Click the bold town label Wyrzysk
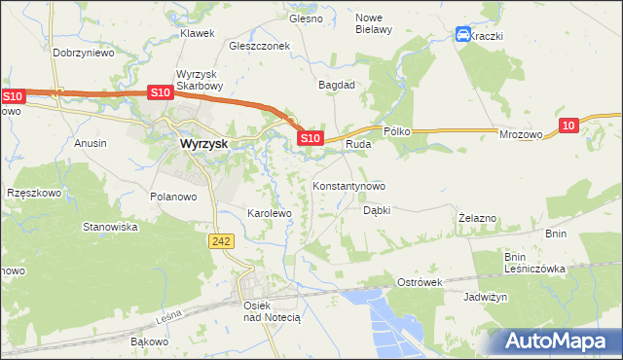pyautogui.click(x=203, y=143)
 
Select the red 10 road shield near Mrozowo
pyautogui.click(x=569, y=124)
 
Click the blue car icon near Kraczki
pyautogui.click(x=463, y=35)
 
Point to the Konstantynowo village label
pyautogui.click(x=348, y=185)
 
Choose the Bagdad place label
pyautogui.click(x=337, y=85)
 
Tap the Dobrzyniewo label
pyautogui.click(x=84, y=53)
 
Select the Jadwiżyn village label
pyautogui.click(x=487, y=297)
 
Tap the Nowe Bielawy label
pyautogui.click(x=374, y=23)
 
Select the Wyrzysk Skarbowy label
pyautogui.click(x=201, y=80)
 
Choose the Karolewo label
pyautogui.click(x=270, y=212)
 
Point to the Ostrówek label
pyautogui.click(x=421, y=282)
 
